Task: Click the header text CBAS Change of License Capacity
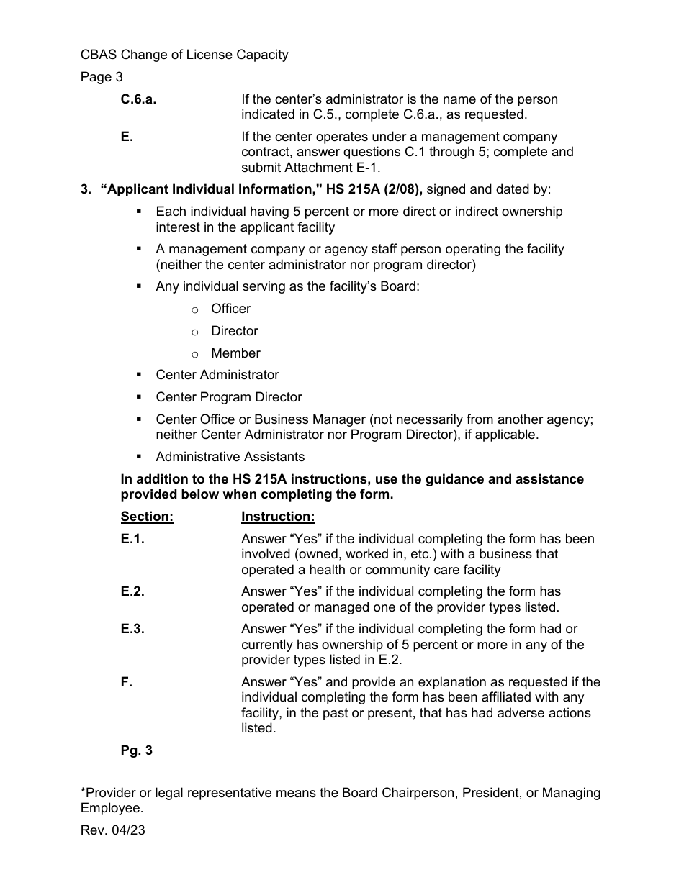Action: [184, 55]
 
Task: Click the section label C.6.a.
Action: [138, 99]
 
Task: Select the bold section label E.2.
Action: [132, 591]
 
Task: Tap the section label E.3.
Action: [132, 629]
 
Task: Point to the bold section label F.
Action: [127, 681]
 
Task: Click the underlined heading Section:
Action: [147, 517]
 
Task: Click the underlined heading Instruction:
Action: [278, 517]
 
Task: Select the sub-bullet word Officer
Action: [230, 309]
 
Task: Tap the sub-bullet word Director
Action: [234, 331]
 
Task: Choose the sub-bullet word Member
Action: [235, 353]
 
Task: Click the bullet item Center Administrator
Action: [217, 375]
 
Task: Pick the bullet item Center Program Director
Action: [228, 397]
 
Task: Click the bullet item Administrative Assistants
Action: [230, 457]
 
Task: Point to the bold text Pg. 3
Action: [137, 750]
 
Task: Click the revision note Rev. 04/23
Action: [112, 830]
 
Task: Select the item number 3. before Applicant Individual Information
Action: [86, 189]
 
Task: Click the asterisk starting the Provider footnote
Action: [83, 791]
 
